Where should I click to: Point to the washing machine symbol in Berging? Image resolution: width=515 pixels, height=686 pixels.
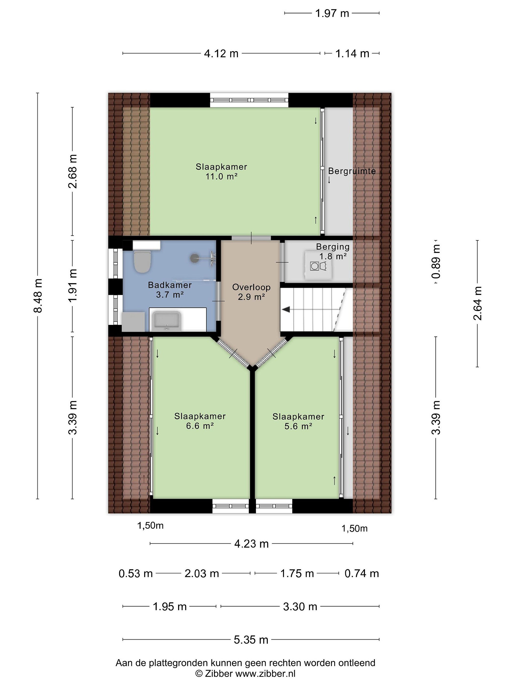coord(315,266)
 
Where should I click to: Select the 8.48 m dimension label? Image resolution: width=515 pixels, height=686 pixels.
coord(38,296)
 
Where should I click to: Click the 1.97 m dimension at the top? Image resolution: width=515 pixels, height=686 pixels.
coord(332,13)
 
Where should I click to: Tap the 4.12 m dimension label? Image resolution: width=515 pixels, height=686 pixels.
coord(221,54)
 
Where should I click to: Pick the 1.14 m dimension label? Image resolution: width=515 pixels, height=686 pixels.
coord(352,54)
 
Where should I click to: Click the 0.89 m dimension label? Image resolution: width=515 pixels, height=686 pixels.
coord(436,262)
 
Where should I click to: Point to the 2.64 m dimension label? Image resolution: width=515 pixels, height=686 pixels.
coord(477,303)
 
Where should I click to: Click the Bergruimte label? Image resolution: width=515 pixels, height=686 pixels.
coord(352,171)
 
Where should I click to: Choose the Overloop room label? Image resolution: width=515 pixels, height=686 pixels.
coord(252,287)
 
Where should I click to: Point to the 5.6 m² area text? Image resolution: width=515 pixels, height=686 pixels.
coord(298,426)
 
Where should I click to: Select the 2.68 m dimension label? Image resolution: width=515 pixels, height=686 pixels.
coord(73,171)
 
